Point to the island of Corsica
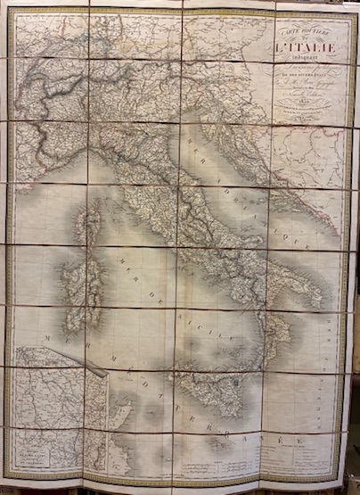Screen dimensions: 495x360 point(89,220)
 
